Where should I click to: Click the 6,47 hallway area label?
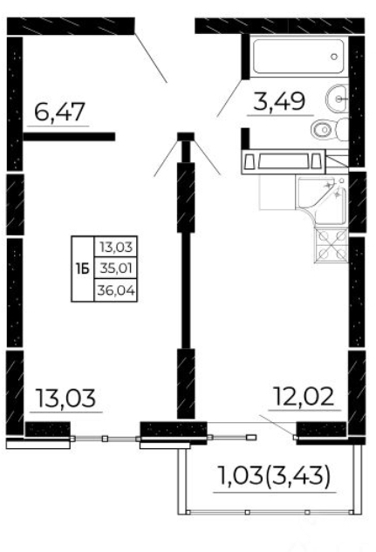point(59,112)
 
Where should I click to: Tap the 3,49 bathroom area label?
point(279,101)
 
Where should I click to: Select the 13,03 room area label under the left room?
point(65,399)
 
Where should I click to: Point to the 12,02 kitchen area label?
point(304,397)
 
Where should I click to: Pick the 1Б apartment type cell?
point(83,269)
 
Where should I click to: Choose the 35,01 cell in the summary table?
point(116,269)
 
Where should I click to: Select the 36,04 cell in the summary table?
point(116,290)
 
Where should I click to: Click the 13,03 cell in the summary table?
point(116,247)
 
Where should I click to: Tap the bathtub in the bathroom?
point(298,57)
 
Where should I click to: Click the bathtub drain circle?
point(334,57)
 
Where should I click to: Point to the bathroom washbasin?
point(338,99)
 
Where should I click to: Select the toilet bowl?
point(330,130)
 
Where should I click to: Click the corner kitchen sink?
point(322,201)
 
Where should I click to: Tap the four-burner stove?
point(331,245)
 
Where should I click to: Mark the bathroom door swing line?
point(229,98)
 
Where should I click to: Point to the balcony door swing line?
point(277,426)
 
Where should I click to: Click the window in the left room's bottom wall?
point(105,439)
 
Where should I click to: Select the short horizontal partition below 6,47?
point(69,136)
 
